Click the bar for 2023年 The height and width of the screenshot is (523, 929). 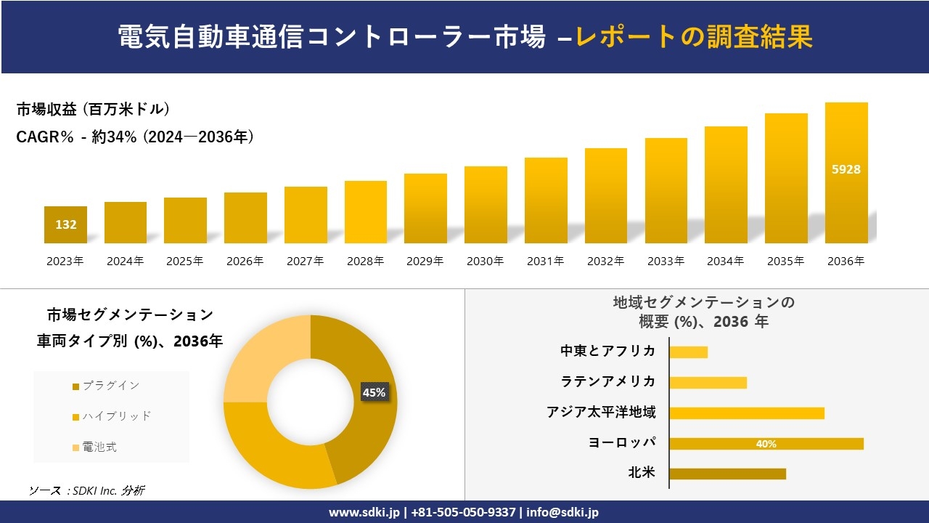click(x=65, y=224)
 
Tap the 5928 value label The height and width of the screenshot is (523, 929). click(x=846, y=169)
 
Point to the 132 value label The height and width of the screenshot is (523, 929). click(x=66, y=224)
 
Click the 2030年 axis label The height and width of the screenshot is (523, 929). click(x=485, y=261)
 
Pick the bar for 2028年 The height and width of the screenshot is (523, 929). click(x=365, y=212)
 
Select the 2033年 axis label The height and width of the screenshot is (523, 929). click(x=665, y=261)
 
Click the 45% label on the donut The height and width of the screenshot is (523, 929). click(x=374, y=392)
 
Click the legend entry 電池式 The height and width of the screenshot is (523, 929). click(x=99, y=447)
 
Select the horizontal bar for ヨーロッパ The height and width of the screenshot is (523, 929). click(x=766, y=444)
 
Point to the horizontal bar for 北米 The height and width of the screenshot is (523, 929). click(x=727, y=474)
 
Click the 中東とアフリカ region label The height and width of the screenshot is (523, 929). click(x=607, y=352)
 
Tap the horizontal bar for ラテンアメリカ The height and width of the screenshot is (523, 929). click(x=708, y=383)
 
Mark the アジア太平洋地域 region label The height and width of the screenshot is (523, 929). click(x=601, y=413)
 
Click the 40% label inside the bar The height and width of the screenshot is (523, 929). click(x=766, y=444)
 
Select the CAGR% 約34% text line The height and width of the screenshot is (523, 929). click(x=135, y=137)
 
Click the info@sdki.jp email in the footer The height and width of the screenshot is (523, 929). click(x=562, y=512)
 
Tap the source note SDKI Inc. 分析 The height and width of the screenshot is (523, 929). click(x=87, y=491)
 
